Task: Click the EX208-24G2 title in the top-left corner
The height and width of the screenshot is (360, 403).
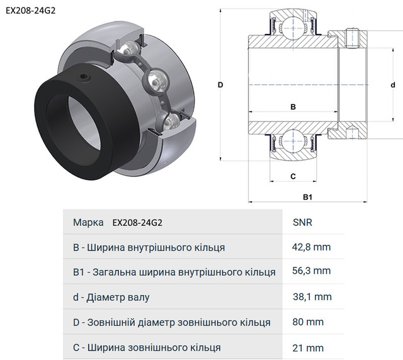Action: [31, 11]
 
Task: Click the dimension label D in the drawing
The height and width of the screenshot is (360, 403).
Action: [220, 85]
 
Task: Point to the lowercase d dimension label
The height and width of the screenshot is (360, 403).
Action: [393, 85]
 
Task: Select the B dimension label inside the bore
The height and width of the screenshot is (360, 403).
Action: [293, 106]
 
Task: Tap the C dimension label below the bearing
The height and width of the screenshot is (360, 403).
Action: [293, 176]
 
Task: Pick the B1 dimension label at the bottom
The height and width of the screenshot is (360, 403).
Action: [308, 197]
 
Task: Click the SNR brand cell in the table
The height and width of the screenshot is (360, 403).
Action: [302, 222]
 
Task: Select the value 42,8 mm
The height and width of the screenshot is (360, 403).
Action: [311, 247]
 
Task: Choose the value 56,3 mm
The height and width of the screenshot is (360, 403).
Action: [311, 271]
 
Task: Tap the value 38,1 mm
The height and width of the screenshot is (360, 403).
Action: [312, 297]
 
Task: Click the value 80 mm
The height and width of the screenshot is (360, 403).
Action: [308, 322]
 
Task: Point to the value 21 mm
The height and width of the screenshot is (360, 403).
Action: [308, 348]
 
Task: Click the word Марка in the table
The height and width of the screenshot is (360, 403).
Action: [88, 222]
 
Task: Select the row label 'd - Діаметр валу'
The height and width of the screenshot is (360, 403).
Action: [111, 297]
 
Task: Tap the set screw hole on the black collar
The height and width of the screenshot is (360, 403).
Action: [84, 77]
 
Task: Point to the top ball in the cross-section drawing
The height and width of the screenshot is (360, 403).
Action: [293, 26]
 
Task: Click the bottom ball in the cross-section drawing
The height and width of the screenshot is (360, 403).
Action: [293, 141]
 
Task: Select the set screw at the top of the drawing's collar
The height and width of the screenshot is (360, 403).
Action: [352, 38]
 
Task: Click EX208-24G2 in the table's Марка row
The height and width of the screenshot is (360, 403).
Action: [137, 223]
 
